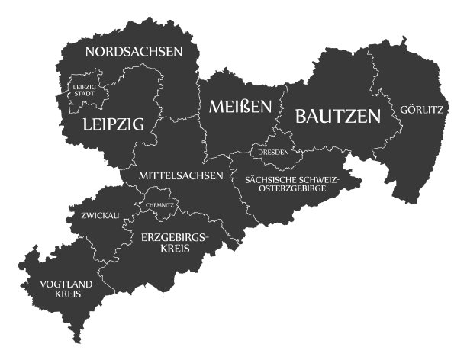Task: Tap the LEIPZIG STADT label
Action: click(x=85, y=92)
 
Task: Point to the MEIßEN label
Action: click(x=240, y=108)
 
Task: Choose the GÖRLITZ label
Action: click(x=421, y=110)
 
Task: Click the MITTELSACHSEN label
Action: click(x=181, y=175)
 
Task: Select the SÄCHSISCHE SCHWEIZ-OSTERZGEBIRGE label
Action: click(x=291, y=184)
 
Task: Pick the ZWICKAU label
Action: click(x=100, y=216)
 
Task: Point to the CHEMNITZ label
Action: click(x=160, y=205)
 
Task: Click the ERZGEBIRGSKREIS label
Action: click(x=175, y=243)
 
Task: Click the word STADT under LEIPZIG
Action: click(x=85, y=96)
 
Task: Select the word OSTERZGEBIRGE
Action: click(x=291, y=189)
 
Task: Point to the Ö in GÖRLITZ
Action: click(x=408, y=110)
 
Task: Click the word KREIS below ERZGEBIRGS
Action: click(x=175, y=249)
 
